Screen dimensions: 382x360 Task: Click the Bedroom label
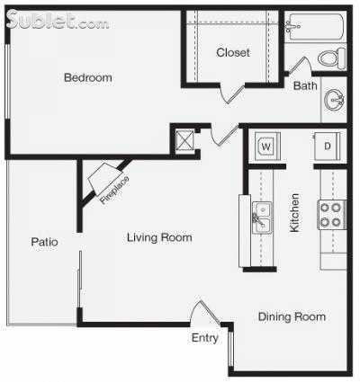[x=87, y=78]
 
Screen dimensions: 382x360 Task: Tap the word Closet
[x=233, y=53]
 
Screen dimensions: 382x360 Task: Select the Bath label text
[x=303, y=86]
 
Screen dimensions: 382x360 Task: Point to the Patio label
[x=45, y=241]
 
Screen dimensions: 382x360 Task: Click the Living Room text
[x=159, y=237]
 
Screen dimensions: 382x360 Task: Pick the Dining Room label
[x=292, y=316]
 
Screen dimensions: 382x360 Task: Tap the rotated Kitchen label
[x=294, y=213]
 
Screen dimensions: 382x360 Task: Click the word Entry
[x=204, y=338]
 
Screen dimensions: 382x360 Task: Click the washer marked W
[x=265, y=146]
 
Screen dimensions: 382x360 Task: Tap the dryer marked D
[x=327, y=146]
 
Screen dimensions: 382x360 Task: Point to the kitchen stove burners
[x=330, y=214]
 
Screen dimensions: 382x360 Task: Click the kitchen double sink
[x=261, y=217]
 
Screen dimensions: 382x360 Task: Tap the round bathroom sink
[x=334, y=99]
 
